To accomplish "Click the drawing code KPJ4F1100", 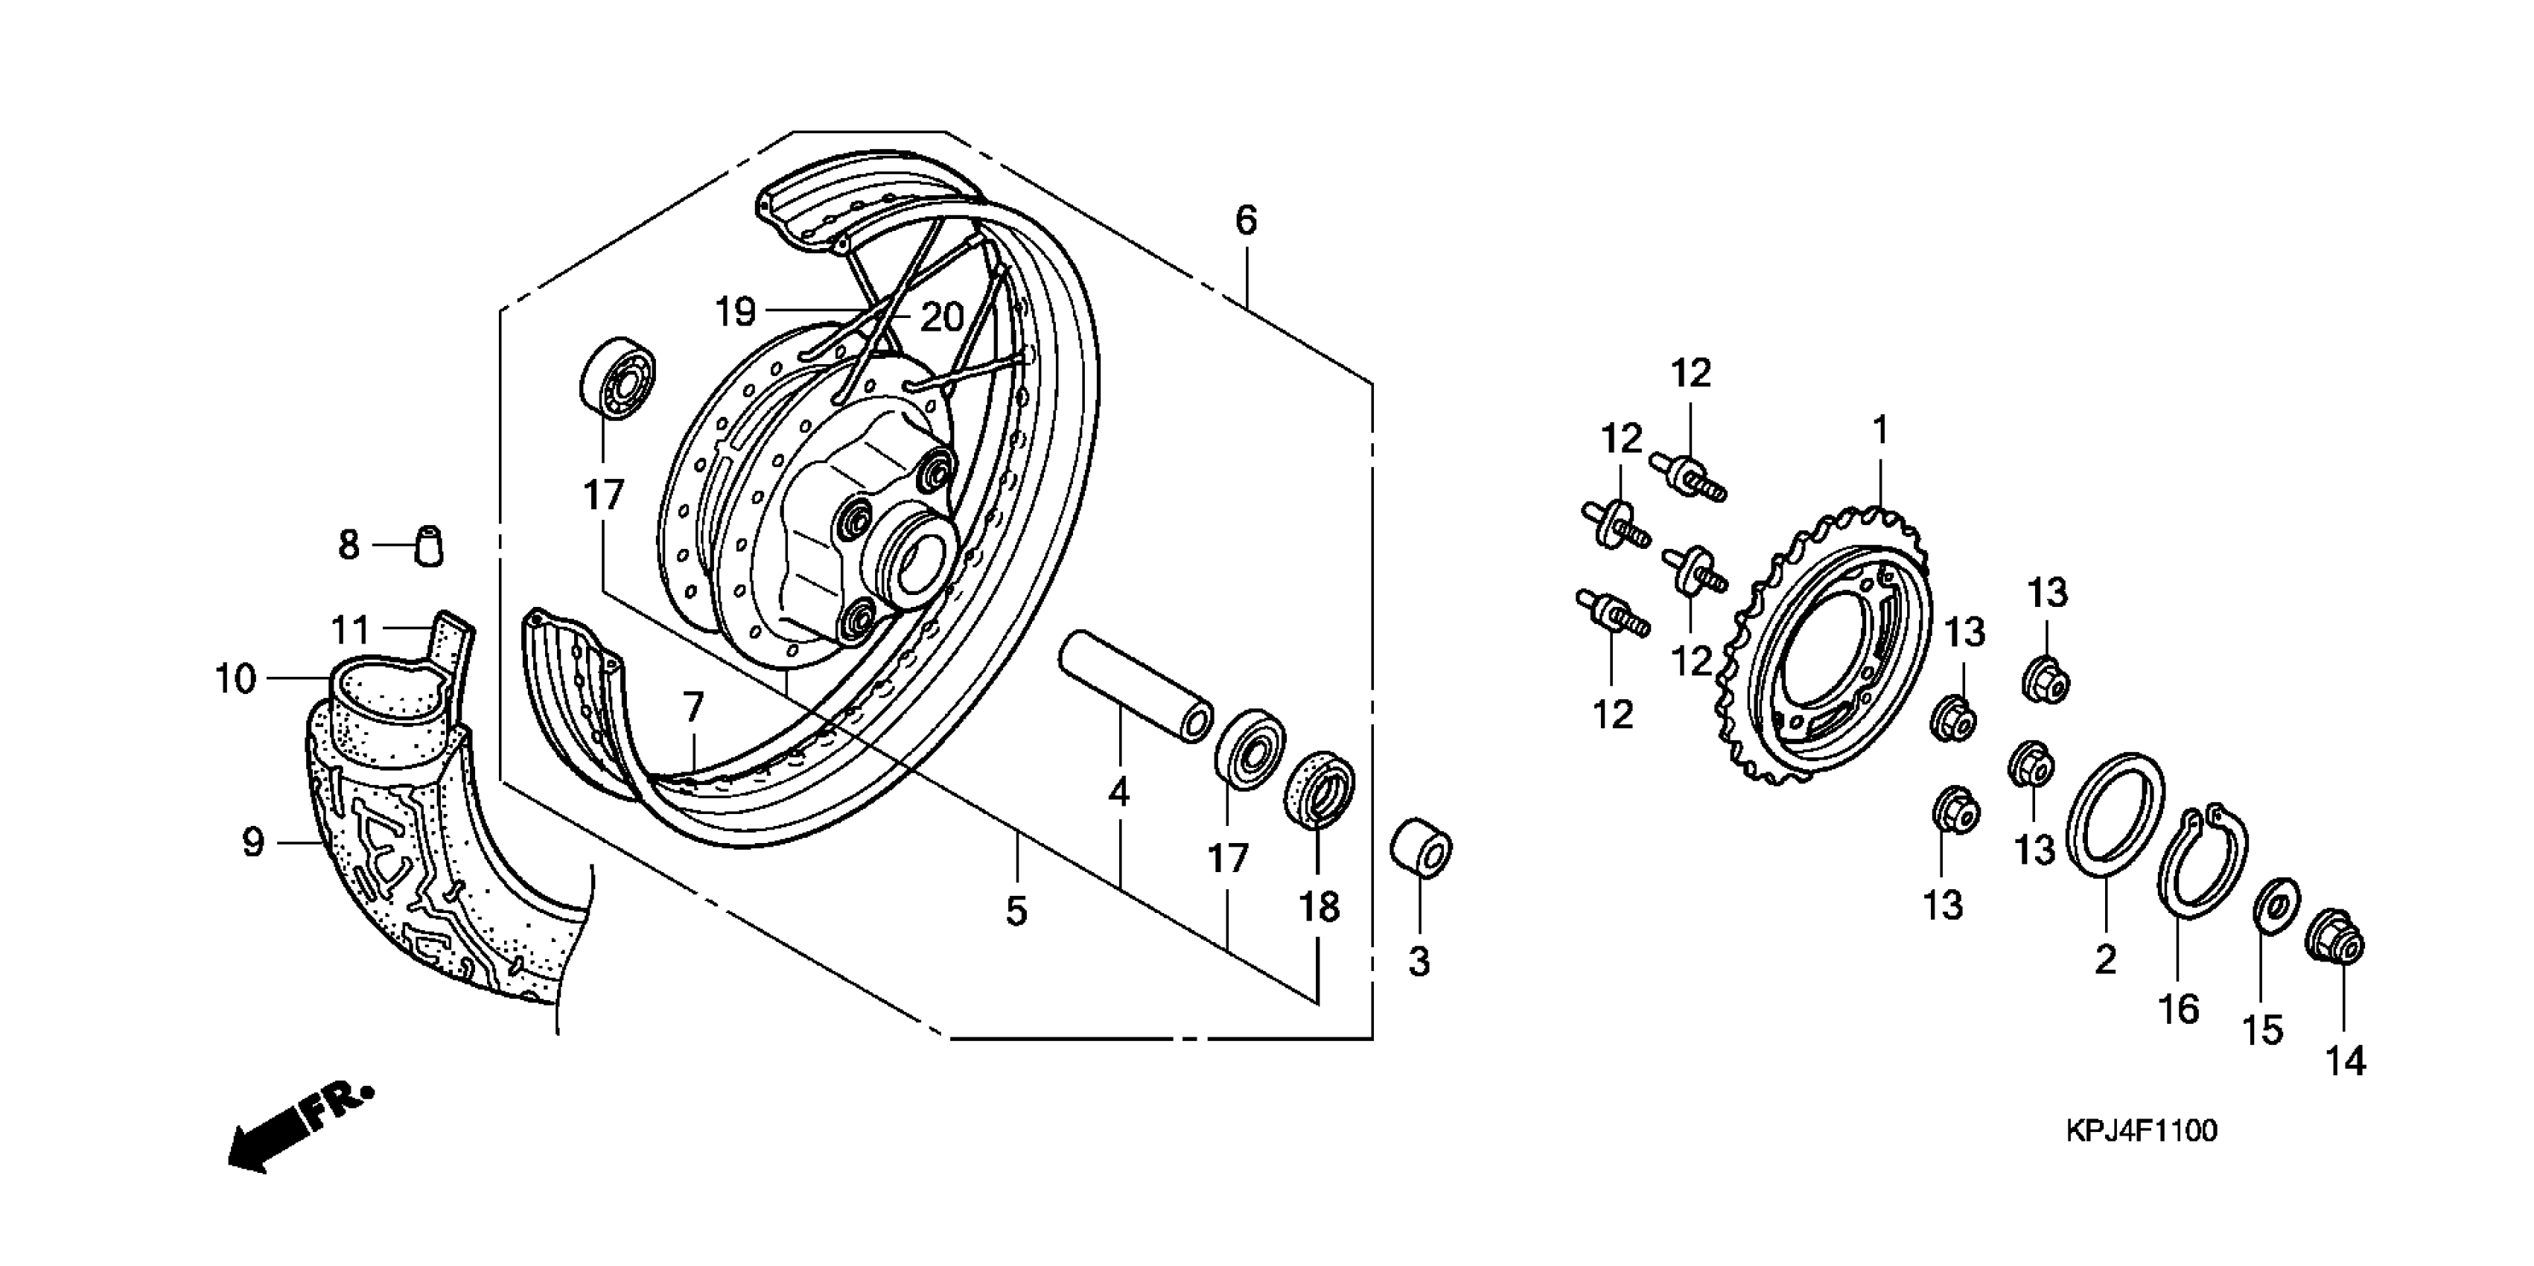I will (2141, 1131).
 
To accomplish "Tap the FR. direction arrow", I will (295, 1126).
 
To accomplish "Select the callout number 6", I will (1245, 220).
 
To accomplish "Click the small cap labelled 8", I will (429, 546).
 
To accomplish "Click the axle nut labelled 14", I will (2335, 947).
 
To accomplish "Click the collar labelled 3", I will (1421, 845).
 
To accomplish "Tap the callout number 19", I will (735, 312).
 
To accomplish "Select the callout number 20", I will (941, 316).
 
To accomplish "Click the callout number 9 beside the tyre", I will (253, 842).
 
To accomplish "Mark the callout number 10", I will (235, 678).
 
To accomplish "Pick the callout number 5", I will (1016, 911).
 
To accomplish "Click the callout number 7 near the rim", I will (693, 706).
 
